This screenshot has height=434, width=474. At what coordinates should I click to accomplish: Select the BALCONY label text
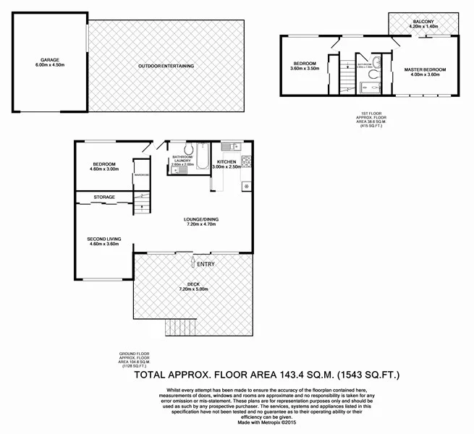(423, 22)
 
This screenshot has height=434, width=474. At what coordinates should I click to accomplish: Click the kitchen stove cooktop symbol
(245, 161)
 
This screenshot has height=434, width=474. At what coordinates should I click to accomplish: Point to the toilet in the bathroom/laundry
(187, 149)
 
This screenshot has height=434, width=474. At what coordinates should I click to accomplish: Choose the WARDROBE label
(141, 175)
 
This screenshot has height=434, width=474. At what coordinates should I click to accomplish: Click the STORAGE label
(104, 197)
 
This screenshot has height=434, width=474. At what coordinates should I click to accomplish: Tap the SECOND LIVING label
(103, 238)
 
